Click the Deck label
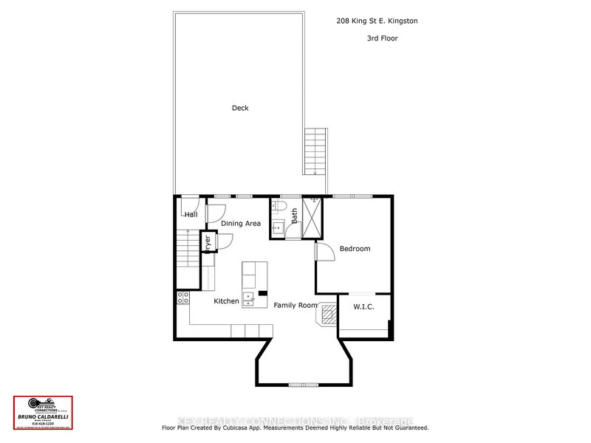click(240, 108)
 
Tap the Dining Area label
click(241, 224)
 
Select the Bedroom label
click(355, 249)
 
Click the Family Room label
click(295, 305)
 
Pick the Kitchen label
click(226, 301)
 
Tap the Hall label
click(191, 215)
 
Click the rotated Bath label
click(294, 216)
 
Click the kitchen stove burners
click(182, 298)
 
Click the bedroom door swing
click(323, 251)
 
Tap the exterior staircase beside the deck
click(315, 151)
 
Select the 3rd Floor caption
click(381, 38)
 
